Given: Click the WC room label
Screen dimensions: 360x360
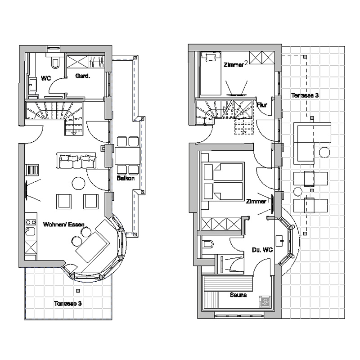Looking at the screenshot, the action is [46, 78].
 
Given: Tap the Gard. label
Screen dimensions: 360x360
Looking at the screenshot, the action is [83, 76].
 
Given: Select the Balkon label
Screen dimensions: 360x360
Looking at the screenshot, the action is [126, 178].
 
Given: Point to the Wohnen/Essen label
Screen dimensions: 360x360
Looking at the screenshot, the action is [63, 224].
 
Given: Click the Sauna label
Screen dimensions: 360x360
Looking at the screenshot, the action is [238, 295].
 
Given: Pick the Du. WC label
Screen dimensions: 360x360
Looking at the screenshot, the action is [262, 250].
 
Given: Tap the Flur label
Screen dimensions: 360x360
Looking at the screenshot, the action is [262, 105].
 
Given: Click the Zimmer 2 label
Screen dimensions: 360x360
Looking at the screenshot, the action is [236, 64].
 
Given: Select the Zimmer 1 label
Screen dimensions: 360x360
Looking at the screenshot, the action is [257, 201].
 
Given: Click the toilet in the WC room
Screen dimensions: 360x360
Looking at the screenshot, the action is [55, 63].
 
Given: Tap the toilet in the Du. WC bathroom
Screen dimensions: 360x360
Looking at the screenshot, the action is [208, 244].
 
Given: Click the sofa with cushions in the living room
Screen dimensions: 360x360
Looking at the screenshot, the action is [76, 160].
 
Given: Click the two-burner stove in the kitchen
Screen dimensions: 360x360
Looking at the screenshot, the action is [31, 222].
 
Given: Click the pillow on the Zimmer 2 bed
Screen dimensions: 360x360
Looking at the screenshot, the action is [211, 57].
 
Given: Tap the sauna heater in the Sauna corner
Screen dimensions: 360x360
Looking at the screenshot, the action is [265, 301].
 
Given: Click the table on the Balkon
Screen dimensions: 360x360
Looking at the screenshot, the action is [127, 156].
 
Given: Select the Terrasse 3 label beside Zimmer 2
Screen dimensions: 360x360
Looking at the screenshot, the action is [305, 95].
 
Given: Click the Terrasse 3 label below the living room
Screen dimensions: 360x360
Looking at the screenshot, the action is [68, 303].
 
